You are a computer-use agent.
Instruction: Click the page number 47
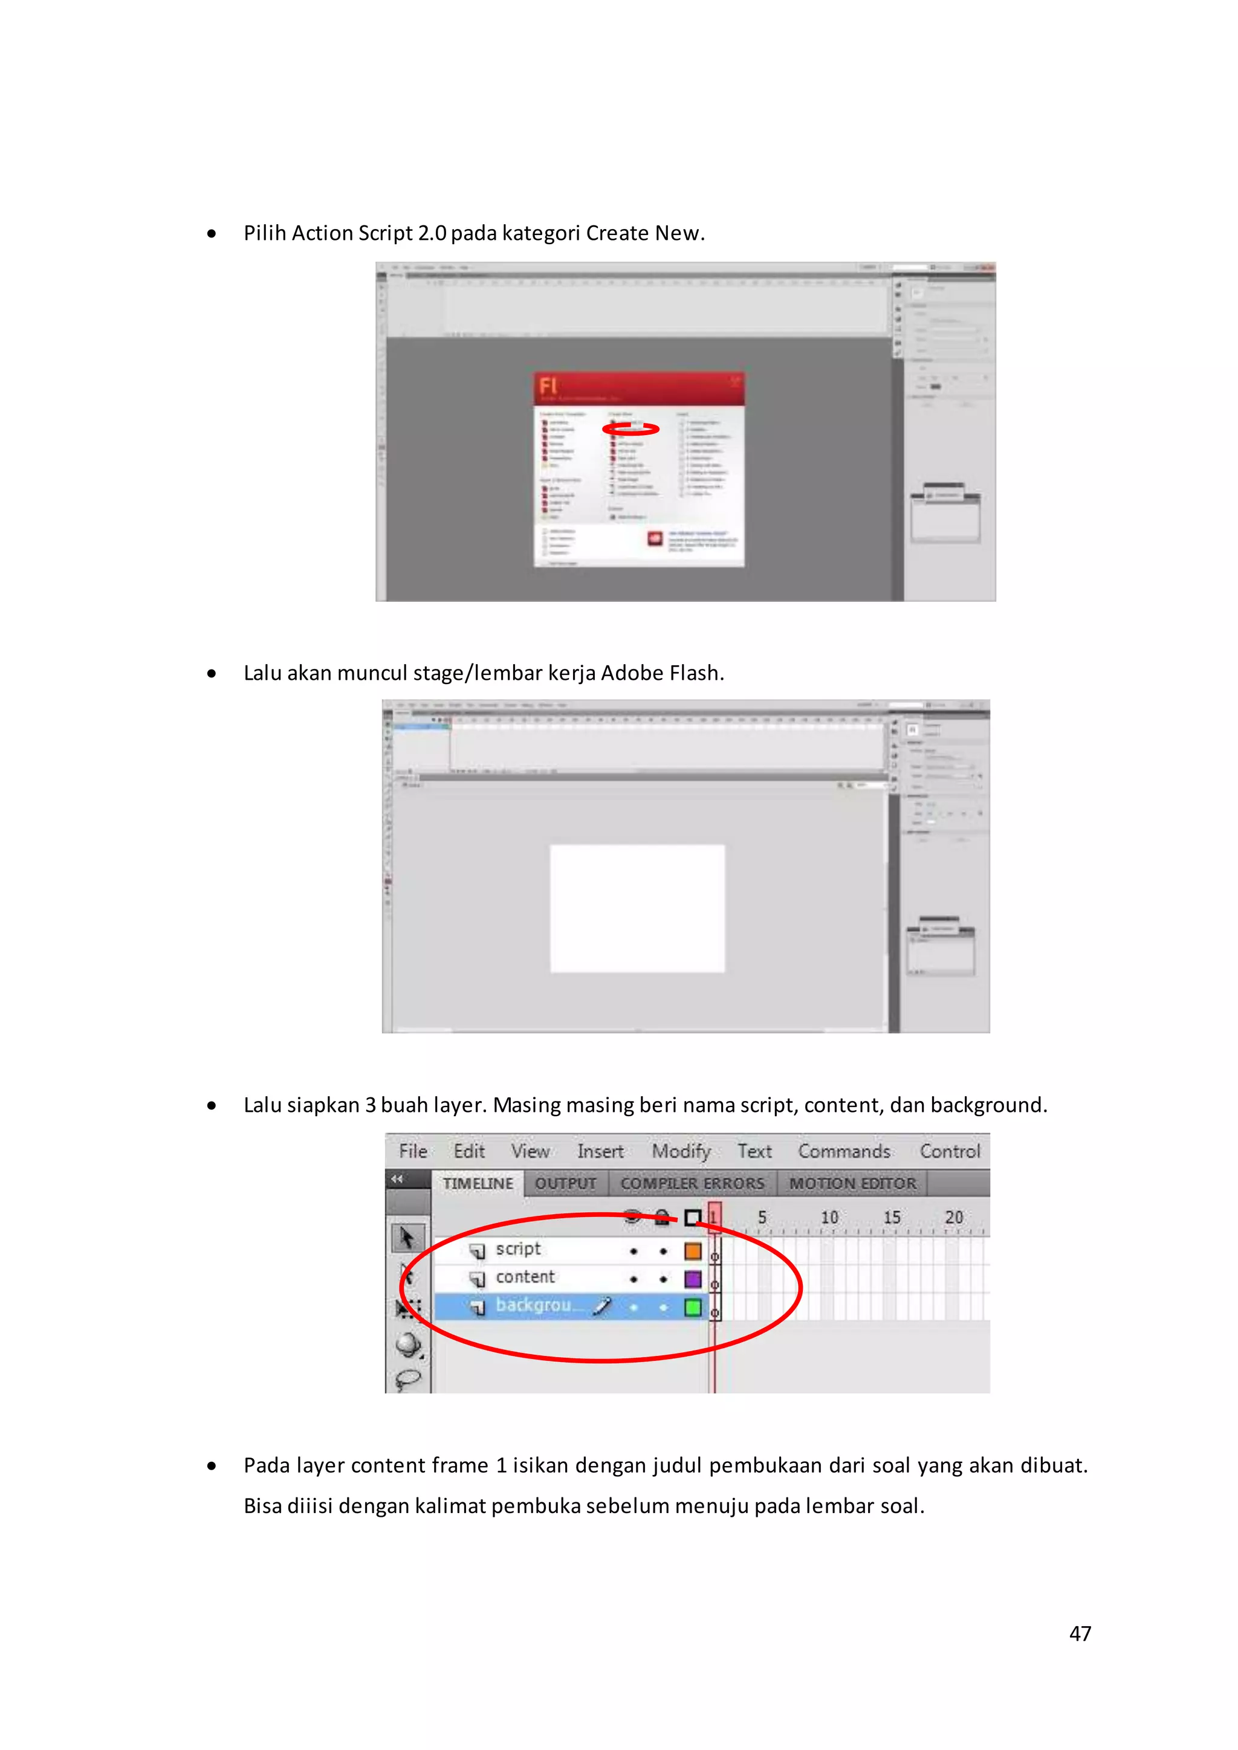pyautogui.click(x=1080, y=1633)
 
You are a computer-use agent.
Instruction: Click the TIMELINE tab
pyautogui.click(x=478, y=1183)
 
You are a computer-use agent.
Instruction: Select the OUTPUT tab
pyautogui.click(x=565, y=1183)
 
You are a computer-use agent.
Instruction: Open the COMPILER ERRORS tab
pyautogui.click(x=692, y=1183)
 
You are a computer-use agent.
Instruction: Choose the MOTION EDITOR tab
pyautogui.click(x=852, y=1183)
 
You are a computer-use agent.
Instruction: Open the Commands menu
pyautogui.click(x=844, y=1151)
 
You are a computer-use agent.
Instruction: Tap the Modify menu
pyautogui.click(x=681, y=1151)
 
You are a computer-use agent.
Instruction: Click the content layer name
pyautogui.click(x=525, y=1277)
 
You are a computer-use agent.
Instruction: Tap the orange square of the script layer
pyautogui.click(x=692, y=1251)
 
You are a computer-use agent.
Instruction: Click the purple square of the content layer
pyautogui.click(x=692, y=1279)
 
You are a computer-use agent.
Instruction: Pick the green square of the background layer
pyautogui.click(x=692, y=1307)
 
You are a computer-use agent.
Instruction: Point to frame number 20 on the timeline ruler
pyautogui.click(x=954, y=1217)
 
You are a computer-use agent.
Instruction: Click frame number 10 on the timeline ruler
pyautogui.click(x=829, y=1217)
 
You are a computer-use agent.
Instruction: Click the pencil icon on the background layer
pyautogui.click(x=602, y=1306)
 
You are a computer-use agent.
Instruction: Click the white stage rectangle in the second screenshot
pyautogui.click(x=637, y=908)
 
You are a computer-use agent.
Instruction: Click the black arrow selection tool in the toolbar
pyautogui.click(x=407, y=1237)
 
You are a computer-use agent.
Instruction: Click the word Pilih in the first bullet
pyautogui.click(x=265, y=233)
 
